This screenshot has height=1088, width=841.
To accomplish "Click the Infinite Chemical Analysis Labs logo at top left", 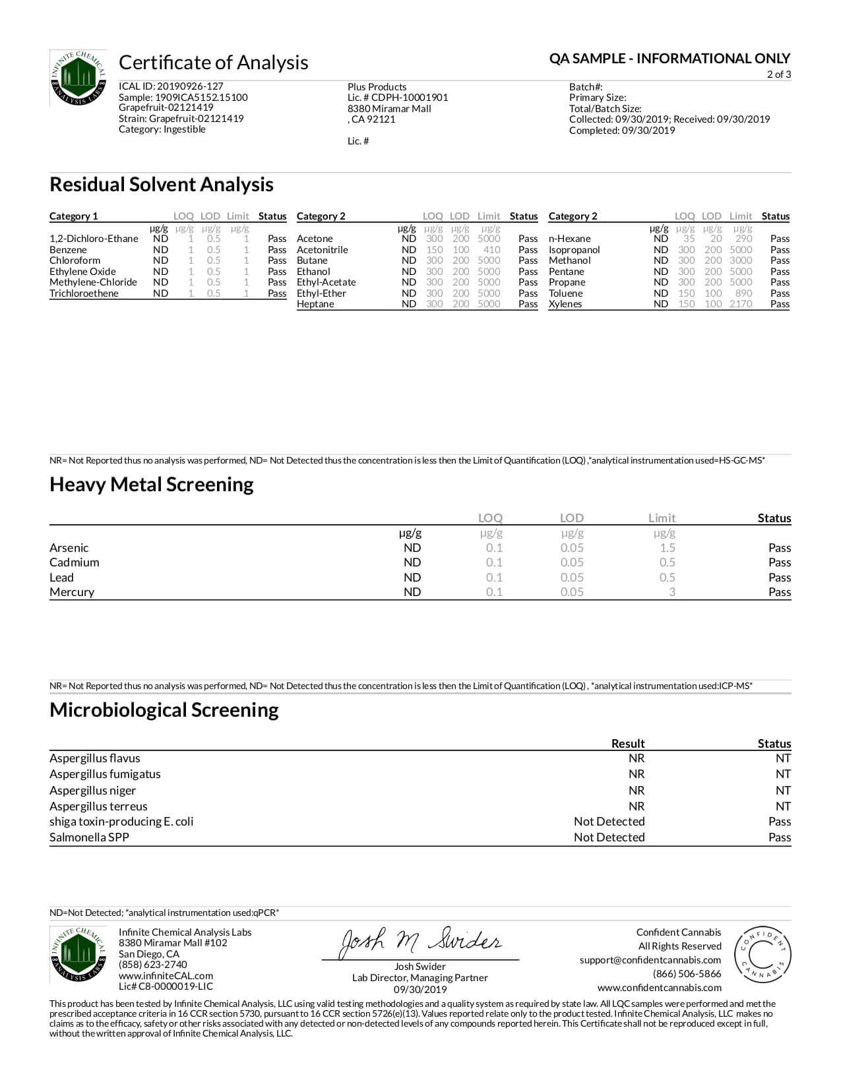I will click(x=78, y=78).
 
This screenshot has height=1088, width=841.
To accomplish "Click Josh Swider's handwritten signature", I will click(x=421, y=942).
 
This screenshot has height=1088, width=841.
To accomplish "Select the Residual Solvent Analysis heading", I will click(x=162, y=185).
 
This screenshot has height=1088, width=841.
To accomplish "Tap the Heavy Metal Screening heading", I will click(x=152, y=485).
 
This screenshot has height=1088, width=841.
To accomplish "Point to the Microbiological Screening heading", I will click(x=164, y=710).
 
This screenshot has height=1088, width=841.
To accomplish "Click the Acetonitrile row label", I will click(x=322, y=250).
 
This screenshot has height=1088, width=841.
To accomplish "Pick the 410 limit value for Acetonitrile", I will click(x=491, y=250).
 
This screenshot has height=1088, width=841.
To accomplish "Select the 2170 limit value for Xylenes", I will click(x=741, y=304).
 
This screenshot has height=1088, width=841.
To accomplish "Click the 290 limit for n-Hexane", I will click(x=743, y=239).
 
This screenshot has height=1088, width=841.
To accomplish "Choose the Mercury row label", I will click(x=72, y=592).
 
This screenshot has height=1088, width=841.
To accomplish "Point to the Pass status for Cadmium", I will click(x=779, y=562).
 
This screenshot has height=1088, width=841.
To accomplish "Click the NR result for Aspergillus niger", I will click(x=636, y=791).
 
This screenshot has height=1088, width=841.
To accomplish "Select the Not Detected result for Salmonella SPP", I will click(x=609, y=837).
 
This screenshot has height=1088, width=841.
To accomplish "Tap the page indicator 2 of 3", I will click(x=778, y=75).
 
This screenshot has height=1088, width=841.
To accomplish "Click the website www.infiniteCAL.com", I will click(x=166, y=976).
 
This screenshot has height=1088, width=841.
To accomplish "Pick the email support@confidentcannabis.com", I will click(x=650, y=960).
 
